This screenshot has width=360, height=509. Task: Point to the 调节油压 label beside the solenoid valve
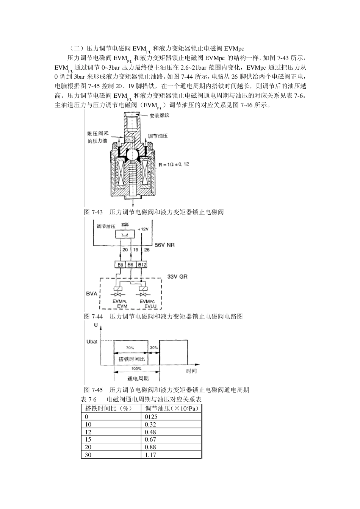pos(157,136)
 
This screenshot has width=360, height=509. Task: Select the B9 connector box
pos(120,265)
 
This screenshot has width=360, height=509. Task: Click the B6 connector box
pos(130,265)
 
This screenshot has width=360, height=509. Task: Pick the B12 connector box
pos(142,265)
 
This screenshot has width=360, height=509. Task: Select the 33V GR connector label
pos(177,277)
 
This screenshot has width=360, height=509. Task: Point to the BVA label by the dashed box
pos(91,294)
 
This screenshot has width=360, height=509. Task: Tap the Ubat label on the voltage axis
pos(92,342)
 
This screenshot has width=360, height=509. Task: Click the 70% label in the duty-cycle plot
pos(130,347)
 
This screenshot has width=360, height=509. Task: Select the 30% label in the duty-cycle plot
pos(154,347)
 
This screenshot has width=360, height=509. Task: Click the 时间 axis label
pos(191,371)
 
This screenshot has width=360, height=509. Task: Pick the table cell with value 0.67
pos(151,439)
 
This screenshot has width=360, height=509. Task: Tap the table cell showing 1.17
pos(151,455)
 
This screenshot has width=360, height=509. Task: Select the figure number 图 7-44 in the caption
pos(93,316)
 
